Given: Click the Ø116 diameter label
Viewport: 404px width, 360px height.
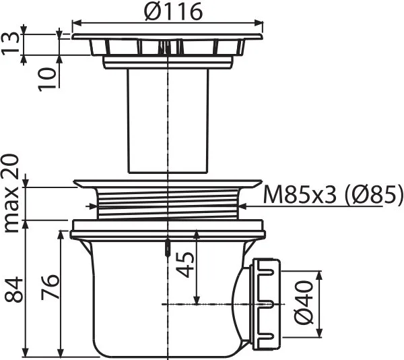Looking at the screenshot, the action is click(x=173, y=11).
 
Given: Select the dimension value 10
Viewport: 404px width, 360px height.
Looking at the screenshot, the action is click(x=47, y=80).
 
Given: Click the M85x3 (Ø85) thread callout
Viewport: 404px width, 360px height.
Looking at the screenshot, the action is click(x=333, y=194).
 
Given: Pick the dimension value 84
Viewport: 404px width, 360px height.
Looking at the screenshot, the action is click(x=13, y=289).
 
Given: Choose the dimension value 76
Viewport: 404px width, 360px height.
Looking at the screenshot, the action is click(x=50, y=287).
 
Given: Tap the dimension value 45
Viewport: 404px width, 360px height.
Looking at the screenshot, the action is click(x=184, y=264).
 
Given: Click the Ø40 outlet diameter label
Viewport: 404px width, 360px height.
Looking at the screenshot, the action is click(x=304, y=303).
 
